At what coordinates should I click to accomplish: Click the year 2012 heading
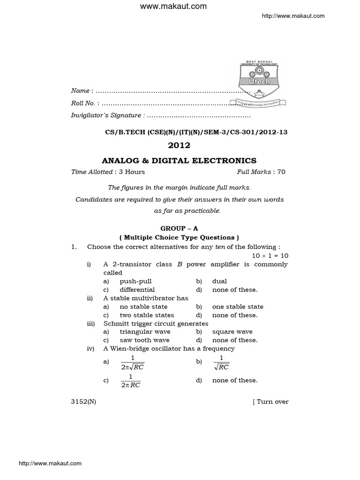[x=180, y=145]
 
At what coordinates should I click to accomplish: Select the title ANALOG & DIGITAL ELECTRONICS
[x=180, y=160]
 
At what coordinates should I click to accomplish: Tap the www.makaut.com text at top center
[x=180, y=7]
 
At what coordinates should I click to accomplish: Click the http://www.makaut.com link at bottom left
[x=50, y=464]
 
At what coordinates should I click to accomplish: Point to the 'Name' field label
[x=80, y=90]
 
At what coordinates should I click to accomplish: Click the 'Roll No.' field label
[x=83, y=103]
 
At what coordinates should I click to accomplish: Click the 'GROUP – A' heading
[x=180, y=228]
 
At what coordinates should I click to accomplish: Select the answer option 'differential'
[x=137, y=290]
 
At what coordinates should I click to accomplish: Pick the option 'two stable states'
[x=147, y=315]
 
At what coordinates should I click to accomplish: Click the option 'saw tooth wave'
[x=144, y=340]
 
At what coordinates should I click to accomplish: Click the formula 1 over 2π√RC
[x=132, y=363]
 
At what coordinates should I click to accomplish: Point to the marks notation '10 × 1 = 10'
[x=270, y=255]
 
